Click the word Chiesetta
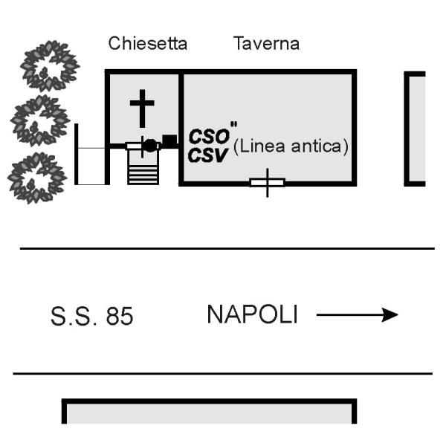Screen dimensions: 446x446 148,43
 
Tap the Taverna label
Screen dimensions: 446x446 266,43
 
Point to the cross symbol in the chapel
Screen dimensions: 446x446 141,108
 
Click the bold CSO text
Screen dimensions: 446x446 204,137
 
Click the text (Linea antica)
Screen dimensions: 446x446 291,147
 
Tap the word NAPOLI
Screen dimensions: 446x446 252,315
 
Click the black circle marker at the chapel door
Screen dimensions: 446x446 150,146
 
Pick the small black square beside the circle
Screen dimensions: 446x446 169,140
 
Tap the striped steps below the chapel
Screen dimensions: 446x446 143,170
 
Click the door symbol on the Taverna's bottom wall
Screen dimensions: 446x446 267,183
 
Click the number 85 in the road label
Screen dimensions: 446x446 120,317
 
